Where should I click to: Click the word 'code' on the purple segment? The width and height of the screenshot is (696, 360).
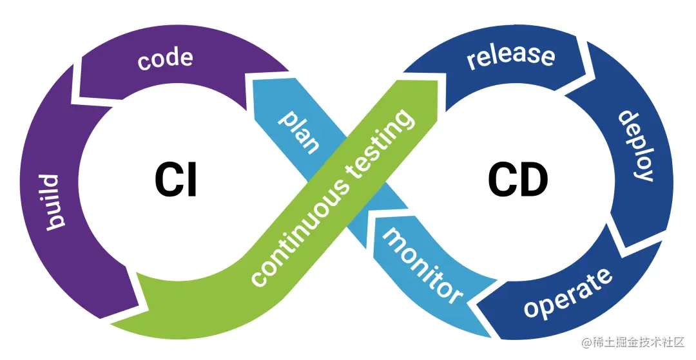tap(165, 59)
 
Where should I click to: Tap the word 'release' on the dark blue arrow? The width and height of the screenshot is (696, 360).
tap(511, 55)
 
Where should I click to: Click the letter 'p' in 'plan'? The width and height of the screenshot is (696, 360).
tap(284, 117)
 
